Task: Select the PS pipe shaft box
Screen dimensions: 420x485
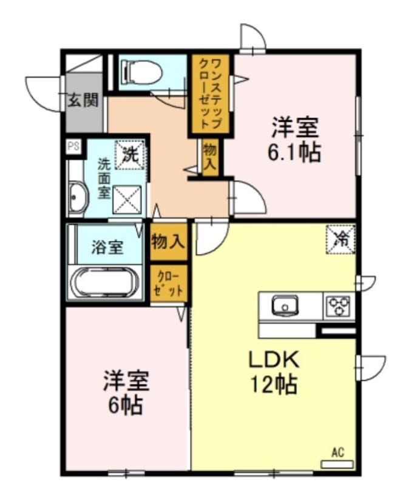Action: [73, 146]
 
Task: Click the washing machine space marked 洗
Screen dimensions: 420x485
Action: [130, 155]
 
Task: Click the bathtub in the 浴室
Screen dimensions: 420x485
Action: [104, 282]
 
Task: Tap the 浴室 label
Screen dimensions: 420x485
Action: [107, 247]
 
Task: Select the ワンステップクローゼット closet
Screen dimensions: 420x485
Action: [211, 95]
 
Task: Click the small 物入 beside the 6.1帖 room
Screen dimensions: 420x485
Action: [210, 158]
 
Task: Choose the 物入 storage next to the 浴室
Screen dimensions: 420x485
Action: [169, 241]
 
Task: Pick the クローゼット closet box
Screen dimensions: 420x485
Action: [169, 283]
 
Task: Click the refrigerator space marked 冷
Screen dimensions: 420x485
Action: [340, 239]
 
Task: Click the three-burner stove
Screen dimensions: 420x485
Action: [339, 306]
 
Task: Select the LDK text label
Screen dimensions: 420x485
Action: [274, 360]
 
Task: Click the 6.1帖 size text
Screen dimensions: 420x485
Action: [294, 152]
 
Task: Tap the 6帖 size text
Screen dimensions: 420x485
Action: [126, 405]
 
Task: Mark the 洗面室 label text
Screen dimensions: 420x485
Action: [104, 178]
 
